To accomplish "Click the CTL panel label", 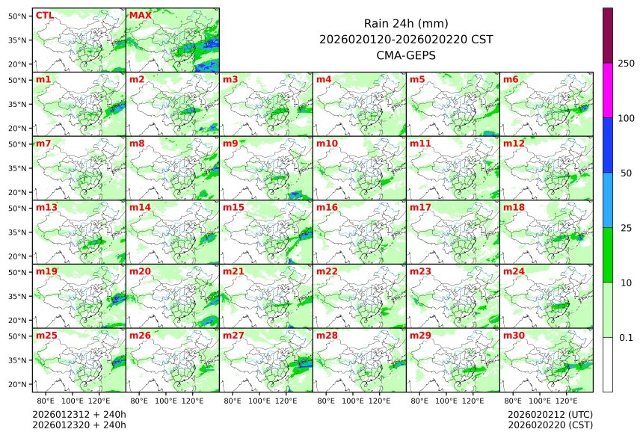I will (45, 15).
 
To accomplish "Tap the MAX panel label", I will (139, 15).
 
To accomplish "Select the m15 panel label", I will (232, 207).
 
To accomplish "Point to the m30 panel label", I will (512, 336).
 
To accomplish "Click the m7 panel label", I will (43, 143).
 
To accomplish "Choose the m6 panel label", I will (510, 79).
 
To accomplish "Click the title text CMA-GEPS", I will (406, 55).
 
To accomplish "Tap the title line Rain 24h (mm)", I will (406, 23).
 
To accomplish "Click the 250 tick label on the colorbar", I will (626, 63).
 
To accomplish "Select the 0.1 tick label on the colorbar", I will (626, 337).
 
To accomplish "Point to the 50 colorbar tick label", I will (627, 173).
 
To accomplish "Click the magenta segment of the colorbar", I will (608, 90).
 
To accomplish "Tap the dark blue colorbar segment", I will (608, 145).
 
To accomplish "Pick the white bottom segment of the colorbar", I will (608, 364).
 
